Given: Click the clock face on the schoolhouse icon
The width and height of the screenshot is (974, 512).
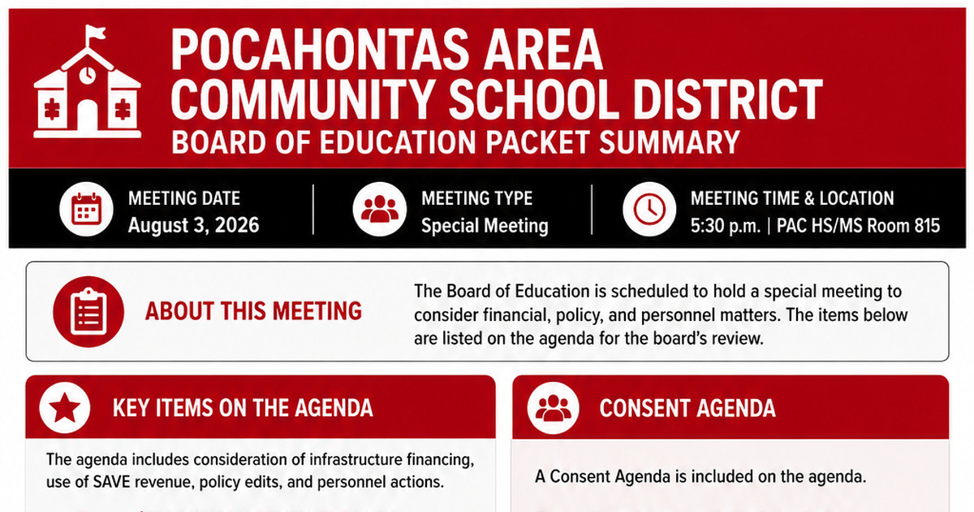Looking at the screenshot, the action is coord(88,75).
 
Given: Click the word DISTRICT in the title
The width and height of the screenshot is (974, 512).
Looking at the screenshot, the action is coord(727,99).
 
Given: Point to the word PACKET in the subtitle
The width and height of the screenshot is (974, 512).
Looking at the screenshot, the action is coord(537,142).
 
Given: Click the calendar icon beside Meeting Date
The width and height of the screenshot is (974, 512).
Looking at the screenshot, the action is coord(87,209).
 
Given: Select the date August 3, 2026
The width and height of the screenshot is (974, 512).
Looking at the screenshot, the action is coord(193,226).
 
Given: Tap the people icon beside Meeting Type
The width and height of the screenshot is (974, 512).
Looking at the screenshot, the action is coord(380,209).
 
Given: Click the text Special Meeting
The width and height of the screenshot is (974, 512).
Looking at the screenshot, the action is coord(485,226).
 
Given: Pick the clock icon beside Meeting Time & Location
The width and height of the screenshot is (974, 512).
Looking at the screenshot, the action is coord(649,209).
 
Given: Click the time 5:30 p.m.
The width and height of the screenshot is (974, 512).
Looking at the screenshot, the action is coord(726,226).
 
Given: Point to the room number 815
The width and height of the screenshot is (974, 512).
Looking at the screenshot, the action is coord(927,226).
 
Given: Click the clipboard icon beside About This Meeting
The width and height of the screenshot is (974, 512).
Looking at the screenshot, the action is coord(88,312).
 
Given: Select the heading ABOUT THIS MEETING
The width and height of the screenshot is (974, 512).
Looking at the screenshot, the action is coord(253,311).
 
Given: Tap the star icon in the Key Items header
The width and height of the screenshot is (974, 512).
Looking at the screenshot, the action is coord(65,408).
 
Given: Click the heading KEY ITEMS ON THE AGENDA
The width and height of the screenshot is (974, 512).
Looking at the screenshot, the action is coord(243,408).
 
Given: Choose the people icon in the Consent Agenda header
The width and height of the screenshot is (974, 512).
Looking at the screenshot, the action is coord(553,408).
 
